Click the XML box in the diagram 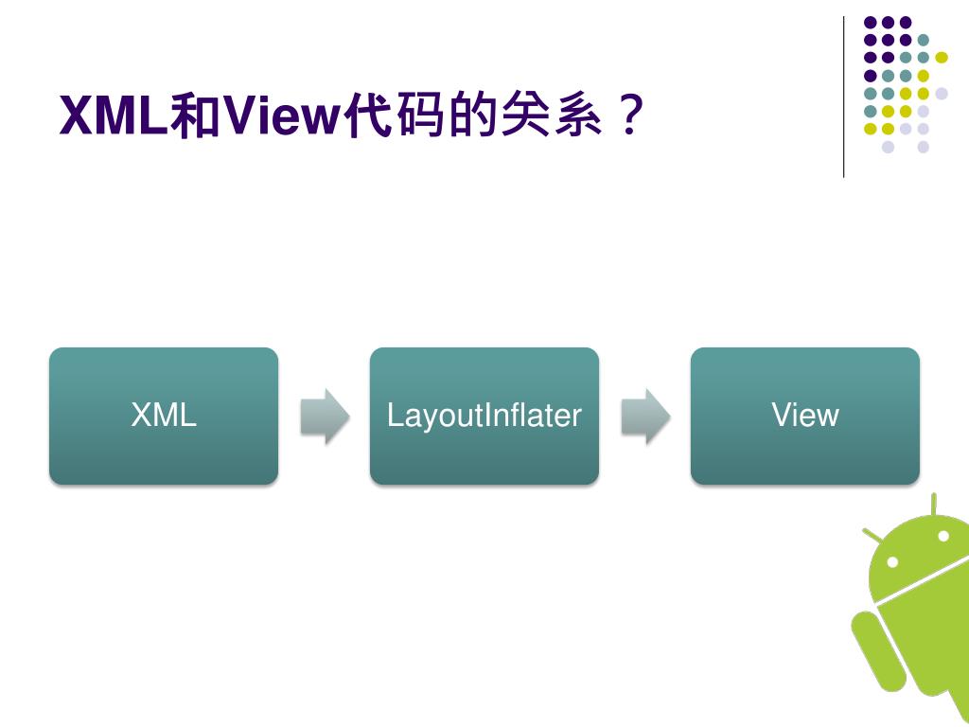(163, 416)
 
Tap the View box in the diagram (804, 416)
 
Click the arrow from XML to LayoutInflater (324, 416)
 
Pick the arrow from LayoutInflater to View (644, 416)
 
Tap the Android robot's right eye (943, 536)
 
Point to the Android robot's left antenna (872, 536)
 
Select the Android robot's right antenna (934, 504)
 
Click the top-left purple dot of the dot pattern (870, 22)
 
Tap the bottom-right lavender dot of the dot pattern (924, 147)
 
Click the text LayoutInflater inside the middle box (484, 416)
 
